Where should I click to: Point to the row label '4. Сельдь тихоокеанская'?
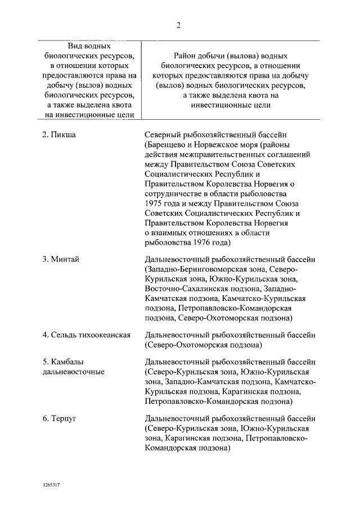(87, 335)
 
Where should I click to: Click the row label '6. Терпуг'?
(60, 419)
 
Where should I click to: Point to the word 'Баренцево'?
(167, 145)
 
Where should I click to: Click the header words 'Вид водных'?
(90, 46)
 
